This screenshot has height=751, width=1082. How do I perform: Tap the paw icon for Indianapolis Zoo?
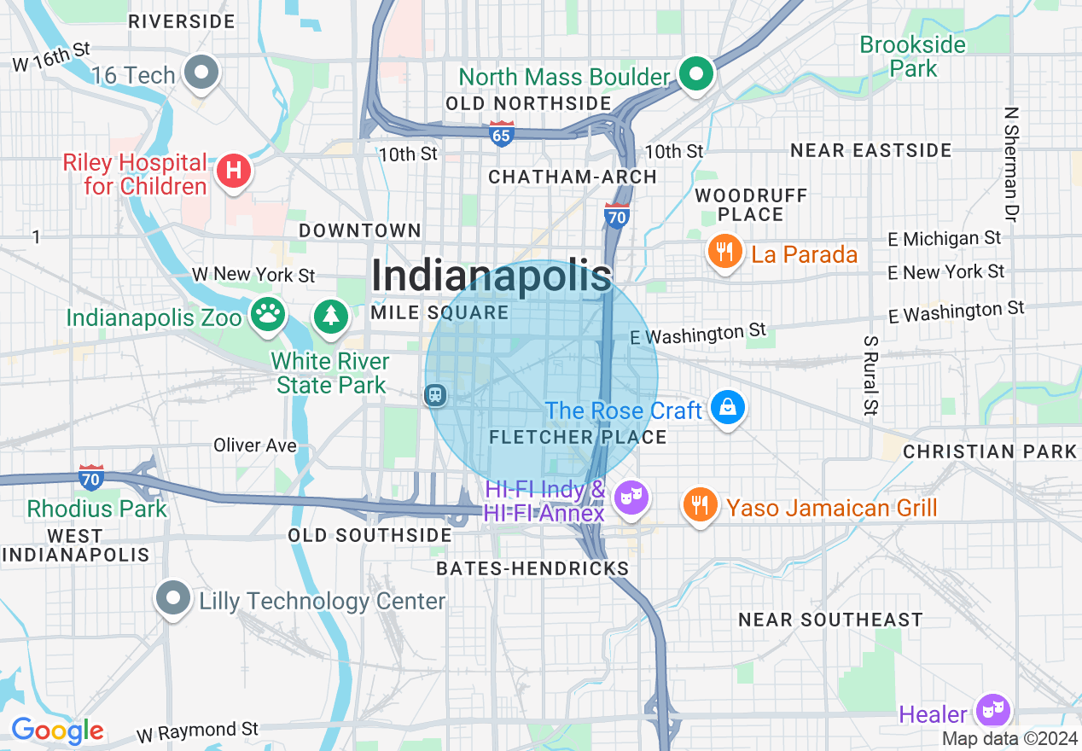(268, 314)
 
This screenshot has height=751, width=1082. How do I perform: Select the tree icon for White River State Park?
(329, 315)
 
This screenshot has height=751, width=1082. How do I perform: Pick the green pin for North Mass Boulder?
(696, 74)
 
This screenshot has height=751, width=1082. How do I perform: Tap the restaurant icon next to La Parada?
(724, 252)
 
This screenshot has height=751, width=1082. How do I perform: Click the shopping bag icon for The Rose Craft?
(727, 408)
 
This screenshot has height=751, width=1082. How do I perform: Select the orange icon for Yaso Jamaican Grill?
(700, 504)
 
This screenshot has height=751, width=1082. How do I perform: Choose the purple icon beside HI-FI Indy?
(631, 498)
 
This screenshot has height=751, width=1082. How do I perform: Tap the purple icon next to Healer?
(993, 711)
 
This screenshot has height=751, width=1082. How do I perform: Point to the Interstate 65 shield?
(502, 134)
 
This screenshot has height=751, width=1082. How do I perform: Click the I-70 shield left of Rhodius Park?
(91, 476)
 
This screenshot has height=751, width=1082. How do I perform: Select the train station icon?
(435, 394)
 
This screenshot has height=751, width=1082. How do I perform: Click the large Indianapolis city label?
(492, 276)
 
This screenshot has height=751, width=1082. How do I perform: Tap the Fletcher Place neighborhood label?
(578, 437)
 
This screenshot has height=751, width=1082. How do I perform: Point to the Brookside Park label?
(913, 56)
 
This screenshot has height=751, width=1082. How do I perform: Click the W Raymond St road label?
(197, 731)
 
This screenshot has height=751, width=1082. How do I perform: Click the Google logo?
(57, 731)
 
